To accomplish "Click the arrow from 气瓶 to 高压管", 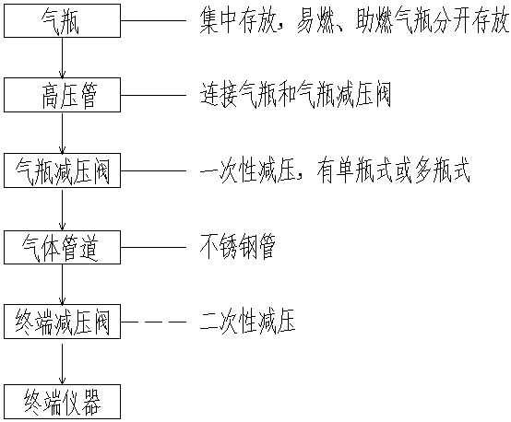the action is (x=62, y=58).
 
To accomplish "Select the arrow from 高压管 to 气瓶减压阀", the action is (x=62, y=133).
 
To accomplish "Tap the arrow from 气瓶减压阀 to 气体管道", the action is (x=62, y=209).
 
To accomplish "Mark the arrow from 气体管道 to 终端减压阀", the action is (x=62, y=285).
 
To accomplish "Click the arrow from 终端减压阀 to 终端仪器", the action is (x=62, y=362).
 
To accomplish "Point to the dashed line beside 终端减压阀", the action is (x=153, y=322).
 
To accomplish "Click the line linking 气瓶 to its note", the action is (x=153, y=21).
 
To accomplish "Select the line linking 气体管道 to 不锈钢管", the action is (x=153, y=247).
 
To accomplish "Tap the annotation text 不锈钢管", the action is (x=238, y=247).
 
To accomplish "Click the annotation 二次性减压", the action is (x=248, y=322).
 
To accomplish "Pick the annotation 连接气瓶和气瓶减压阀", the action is (x=295, y=95).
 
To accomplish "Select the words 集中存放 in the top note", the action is (x=238, y=21).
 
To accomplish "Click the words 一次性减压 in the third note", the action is (x=248, y=170).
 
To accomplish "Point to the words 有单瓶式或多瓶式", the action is (x=393, y=170).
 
